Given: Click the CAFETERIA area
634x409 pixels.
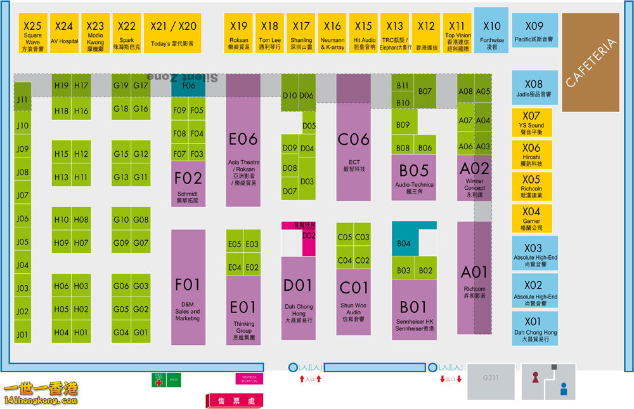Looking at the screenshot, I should (590, 62).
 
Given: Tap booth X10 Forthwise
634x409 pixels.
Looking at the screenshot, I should (491, 30).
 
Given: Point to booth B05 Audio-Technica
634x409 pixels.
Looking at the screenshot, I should (413, 175).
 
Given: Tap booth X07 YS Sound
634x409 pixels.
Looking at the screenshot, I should (531, 123).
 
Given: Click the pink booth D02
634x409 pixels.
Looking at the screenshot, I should (309, 241).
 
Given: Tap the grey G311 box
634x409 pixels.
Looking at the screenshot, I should (491, 378).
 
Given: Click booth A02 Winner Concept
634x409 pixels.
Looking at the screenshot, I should (474, 178).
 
